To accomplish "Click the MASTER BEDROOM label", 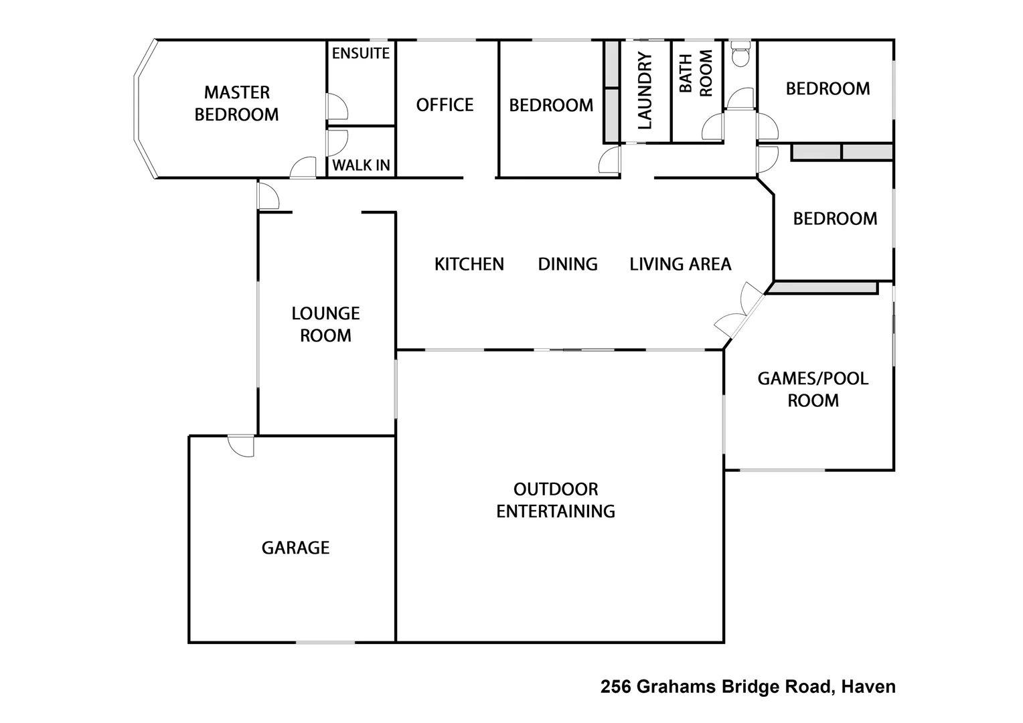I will click(x=236, y=103).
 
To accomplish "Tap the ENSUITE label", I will click(x=361, y=54).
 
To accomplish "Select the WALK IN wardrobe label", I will click(x=361, y=165).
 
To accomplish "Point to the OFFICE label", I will click(x=445, y=105).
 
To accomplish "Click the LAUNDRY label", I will click(x=645, y=91).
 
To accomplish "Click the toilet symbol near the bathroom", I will click(x=740, y=54).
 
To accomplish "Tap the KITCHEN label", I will click(x=469, y=264).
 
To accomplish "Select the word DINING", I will click(x=568, y=264).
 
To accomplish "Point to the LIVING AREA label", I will click(x=680, y=264).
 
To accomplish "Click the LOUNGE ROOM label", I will click(x=325, y=324).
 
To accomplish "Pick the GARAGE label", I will click(x=295, y=548).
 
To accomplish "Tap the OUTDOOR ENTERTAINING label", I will click(x=556, y=500).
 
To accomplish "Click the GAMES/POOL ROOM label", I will click(x=813, y=389).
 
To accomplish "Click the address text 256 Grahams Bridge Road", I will click(x=716, y=687).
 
